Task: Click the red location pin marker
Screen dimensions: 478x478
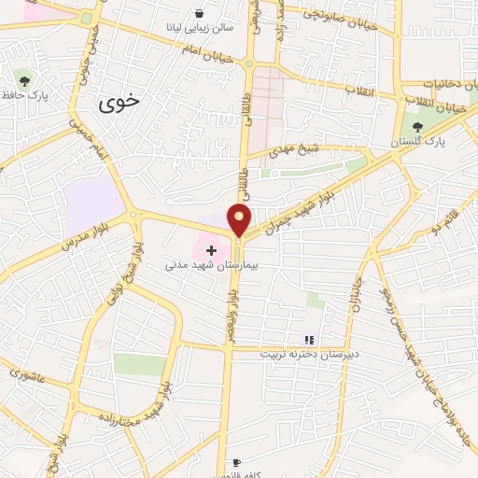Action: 240,219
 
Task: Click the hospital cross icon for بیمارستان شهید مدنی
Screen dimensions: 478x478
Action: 211,250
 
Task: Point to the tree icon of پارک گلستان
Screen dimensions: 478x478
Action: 417,127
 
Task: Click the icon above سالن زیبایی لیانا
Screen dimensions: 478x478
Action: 201,13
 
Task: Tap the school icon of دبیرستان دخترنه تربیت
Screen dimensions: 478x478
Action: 310,340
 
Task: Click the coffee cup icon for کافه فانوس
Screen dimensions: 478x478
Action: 236,462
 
